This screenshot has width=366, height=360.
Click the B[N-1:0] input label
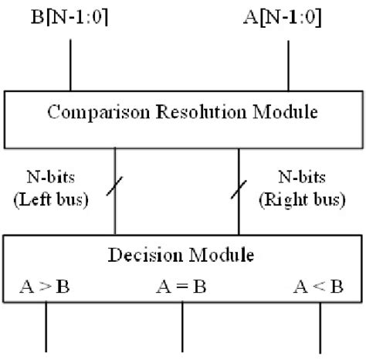(71, 15)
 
